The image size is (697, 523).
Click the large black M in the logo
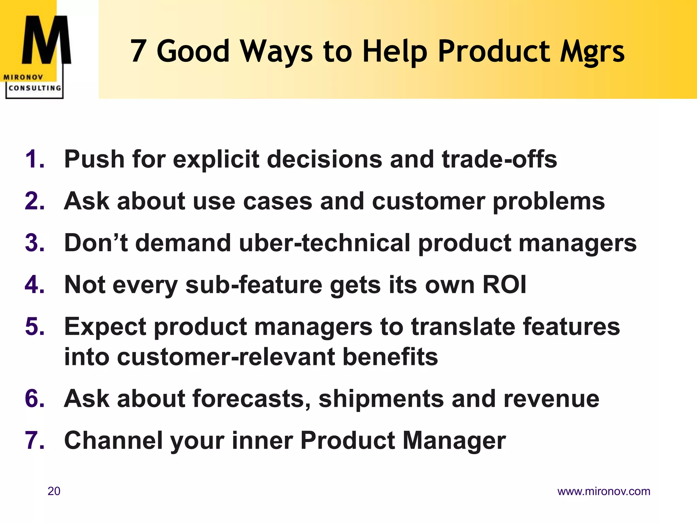coord(46,40)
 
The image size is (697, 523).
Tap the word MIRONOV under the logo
coord(23,77)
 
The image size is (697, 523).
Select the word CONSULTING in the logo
coord(35,88)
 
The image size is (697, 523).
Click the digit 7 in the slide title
coord(138,51)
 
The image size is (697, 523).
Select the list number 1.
coord(34,159)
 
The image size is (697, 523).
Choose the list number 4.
coord(34,285)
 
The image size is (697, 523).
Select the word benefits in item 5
coord(390,357)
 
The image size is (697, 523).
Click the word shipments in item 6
coord(381,399)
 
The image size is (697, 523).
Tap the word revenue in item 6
coord(551,399)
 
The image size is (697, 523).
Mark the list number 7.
coord(34,441)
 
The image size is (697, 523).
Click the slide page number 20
coord(54,491)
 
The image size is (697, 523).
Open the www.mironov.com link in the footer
coord(603,491)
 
